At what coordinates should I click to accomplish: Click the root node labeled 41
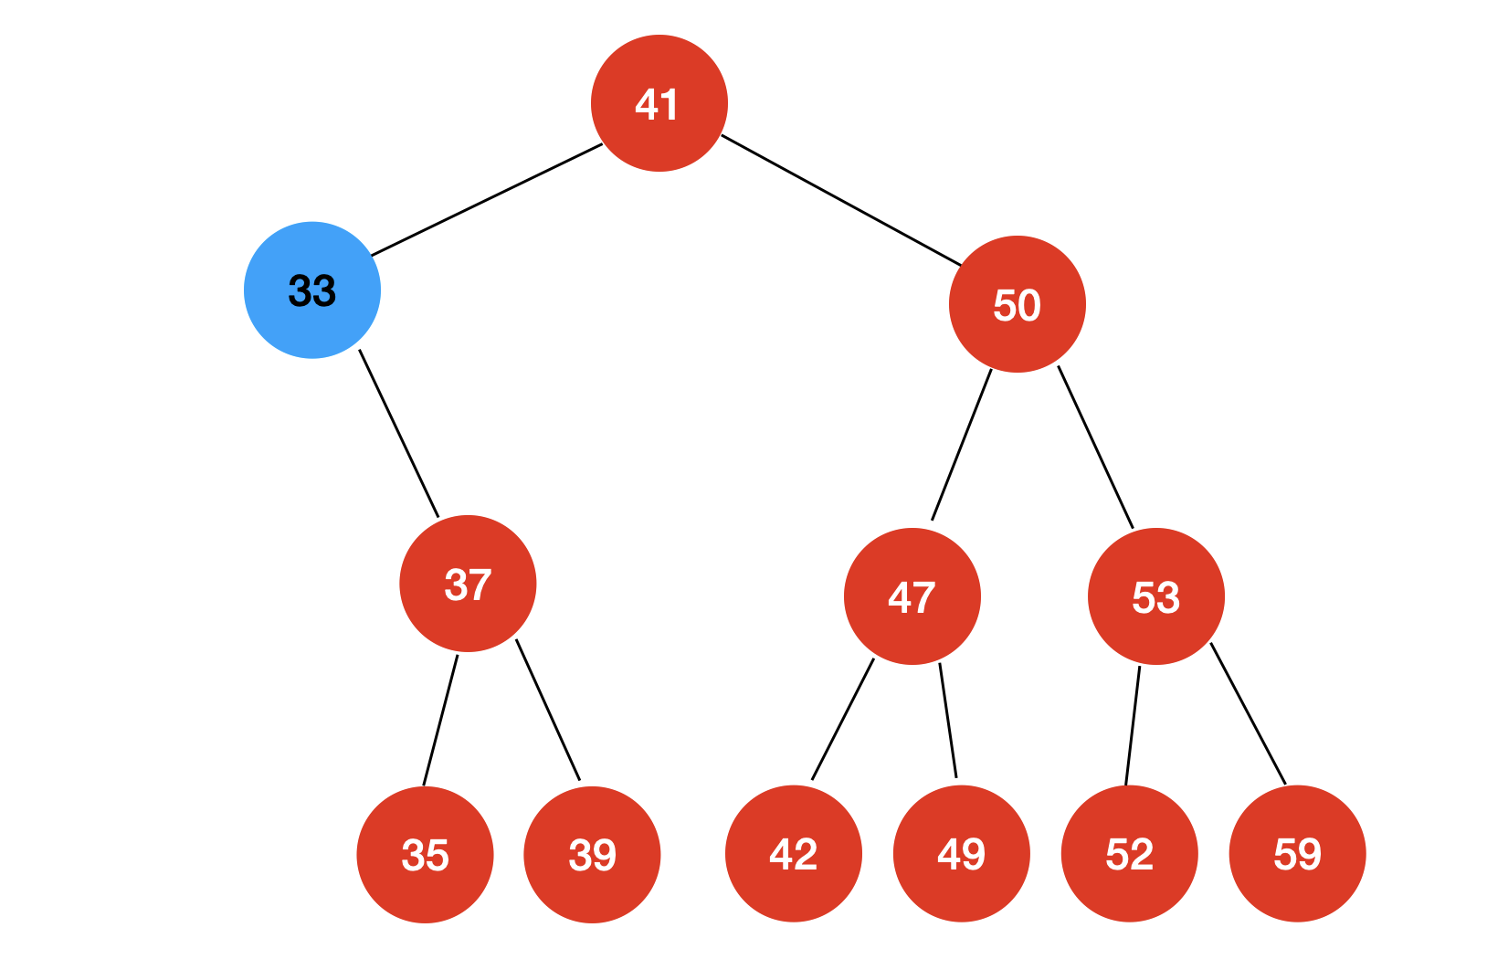[x=659, y=103]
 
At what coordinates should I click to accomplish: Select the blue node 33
[x=312, y=290]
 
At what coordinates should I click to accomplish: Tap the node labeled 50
[x=1017, y=304]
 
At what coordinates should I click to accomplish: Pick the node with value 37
[x=468, y=584]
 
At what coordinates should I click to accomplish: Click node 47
[x=912, y=596]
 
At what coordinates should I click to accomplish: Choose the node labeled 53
[x=1155, y=596]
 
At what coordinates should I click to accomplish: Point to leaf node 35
[x=425, y=854]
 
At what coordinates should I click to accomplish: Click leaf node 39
[x=592, y=854]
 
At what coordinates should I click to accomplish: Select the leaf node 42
[x=794, y=853]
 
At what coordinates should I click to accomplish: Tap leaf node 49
[x=961, y=853]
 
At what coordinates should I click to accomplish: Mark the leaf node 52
[x=1129, y=853]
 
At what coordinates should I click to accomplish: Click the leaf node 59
[x=1297, y=853]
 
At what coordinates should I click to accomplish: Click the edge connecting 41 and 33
[x=487, y=199]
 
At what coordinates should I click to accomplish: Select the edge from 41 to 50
[x=841, y=200]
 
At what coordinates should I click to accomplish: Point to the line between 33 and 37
[x=398, y=433]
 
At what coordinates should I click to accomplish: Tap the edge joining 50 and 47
[x=961, y=445]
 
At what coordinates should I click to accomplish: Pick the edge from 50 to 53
[x=1095, y=447]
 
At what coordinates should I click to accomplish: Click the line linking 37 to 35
[x=440, y=720]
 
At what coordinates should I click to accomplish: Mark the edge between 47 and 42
[x=842, y=719]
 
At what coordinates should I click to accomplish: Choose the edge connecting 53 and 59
[x=1248, y=713]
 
